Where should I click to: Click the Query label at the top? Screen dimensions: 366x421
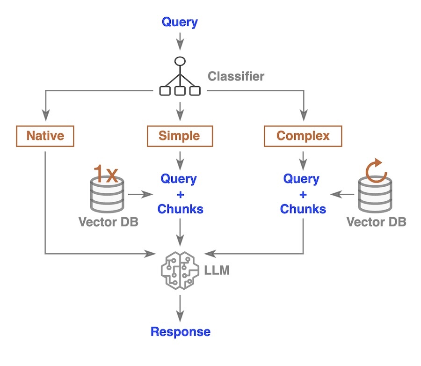point(180,22)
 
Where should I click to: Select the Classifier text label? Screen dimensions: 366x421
point(236,76)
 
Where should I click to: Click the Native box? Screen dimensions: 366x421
point(45,136)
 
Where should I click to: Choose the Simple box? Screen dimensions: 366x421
point(180,136)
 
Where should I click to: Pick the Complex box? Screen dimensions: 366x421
point(303,136)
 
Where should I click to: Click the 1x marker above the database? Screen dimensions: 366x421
point(106,174)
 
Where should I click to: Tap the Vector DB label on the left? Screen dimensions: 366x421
point(109,222)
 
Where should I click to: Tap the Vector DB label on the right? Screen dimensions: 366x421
point(376,222)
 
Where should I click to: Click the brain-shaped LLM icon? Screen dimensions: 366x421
point(180,270)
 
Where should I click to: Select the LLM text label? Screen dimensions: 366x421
point(217,270)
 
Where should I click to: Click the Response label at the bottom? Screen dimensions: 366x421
point(180,332)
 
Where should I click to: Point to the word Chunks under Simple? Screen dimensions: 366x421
point(180,209)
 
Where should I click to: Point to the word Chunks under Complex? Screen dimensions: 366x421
point(303,209)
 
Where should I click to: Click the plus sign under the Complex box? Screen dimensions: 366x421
point(303,194)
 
